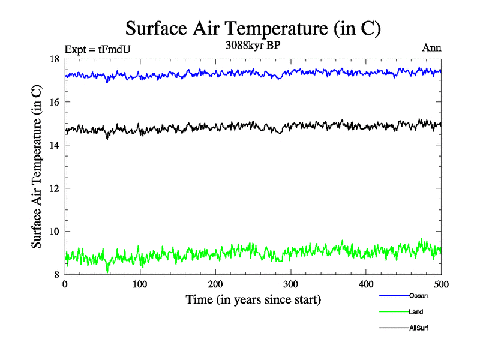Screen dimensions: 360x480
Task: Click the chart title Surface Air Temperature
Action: (253, 28)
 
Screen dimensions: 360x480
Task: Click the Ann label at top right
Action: (432, 48)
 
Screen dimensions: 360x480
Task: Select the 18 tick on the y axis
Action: (54, 59)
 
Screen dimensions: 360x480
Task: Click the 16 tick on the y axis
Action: (54, 103)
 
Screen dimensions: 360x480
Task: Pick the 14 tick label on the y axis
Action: (54, 146)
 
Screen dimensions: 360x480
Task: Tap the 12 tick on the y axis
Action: (54, 189)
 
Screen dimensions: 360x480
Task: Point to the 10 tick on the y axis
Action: (54, 232)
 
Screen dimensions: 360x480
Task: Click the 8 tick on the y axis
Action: (56, 275)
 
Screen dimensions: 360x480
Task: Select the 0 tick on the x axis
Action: (65, 284)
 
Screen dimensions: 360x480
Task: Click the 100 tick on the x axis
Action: (140, 284)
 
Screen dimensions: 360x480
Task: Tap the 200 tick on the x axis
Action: (215, 284)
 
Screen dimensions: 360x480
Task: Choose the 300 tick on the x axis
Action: (291, 284)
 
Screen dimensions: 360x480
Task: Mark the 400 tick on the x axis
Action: (366, 284)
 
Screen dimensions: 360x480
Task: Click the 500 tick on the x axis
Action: (442, 284)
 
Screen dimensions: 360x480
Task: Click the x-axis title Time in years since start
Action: (253, 299)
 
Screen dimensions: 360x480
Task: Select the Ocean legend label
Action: (418, 295)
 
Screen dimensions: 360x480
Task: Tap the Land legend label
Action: (416, 312)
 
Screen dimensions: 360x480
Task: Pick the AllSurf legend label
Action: (418, 328)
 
